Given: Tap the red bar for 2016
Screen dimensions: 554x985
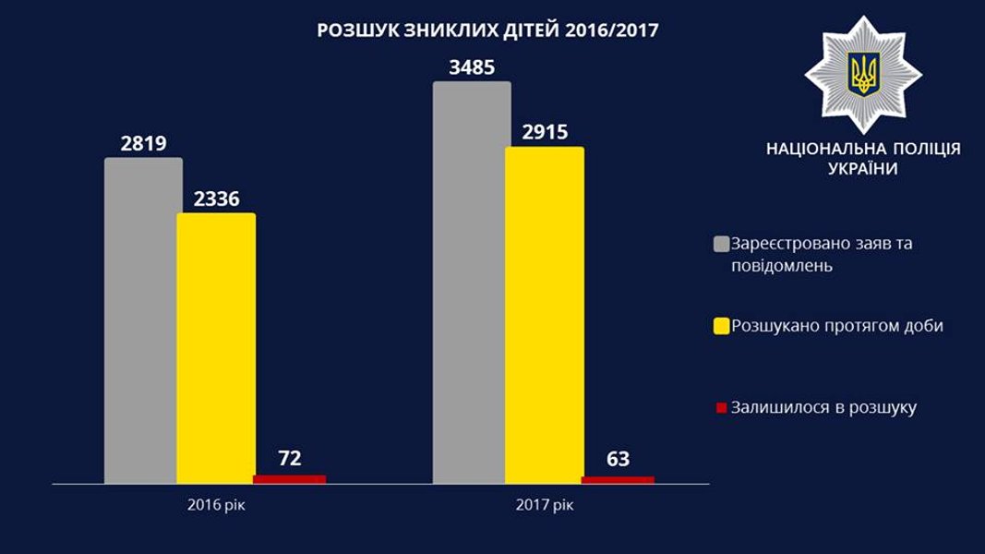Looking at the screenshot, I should click(x=289, y=479).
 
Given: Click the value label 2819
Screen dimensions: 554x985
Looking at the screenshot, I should click(x=143, y=143).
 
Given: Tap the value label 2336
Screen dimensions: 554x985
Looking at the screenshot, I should click(x=216, y=199).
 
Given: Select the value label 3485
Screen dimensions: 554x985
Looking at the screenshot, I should click(x=472, y=67).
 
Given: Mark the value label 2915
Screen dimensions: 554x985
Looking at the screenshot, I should click(x=545, y=132).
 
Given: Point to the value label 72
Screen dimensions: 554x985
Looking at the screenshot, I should click(x=289, y=458).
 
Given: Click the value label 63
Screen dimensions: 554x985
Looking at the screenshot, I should click(x=618, y=458).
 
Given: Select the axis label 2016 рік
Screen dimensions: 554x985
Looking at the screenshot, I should click(x=217, y=505).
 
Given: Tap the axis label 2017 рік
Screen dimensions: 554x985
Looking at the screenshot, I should click(x=545, y=505).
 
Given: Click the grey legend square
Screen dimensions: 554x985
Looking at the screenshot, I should click(x=721, y=245).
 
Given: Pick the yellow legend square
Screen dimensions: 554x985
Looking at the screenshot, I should click(x=721, y=326).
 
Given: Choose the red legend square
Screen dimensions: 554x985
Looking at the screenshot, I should click(x=721, y=407).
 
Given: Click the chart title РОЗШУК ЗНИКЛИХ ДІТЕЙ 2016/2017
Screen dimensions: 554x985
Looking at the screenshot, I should click(x=487, y=30).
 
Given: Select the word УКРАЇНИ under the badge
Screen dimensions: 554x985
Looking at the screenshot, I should click(x=863, y=170).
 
